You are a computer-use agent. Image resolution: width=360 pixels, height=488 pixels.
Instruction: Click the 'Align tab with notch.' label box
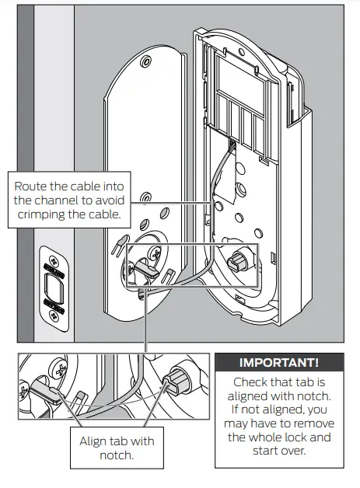(x=117, y=448)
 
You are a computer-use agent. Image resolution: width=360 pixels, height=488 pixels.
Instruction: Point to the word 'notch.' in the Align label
(x=117, y=455)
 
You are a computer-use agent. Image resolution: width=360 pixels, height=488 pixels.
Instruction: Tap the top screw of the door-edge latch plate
(x=53, y=259)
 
